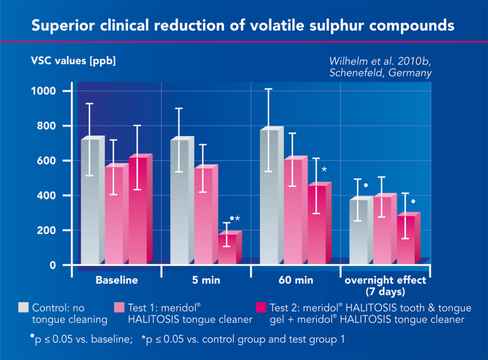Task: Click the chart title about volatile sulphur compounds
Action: pos(243,26)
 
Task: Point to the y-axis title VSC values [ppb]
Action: pos(69,61)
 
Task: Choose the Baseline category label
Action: pos(117,280)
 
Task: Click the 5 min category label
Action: pos(206,280)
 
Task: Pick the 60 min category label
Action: pos(296,280)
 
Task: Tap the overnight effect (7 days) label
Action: pos(385,286)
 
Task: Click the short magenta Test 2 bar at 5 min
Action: pos(227,248)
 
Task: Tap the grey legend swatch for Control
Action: pos(23,307)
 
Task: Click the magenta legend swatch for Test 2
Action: pos(261,307)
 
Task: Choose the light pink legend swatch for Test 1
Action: pos(119,307)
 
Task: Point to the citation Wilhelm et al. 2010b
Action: pos(380,61)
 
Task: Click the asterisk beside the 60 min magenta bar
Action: pos(324,170)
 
